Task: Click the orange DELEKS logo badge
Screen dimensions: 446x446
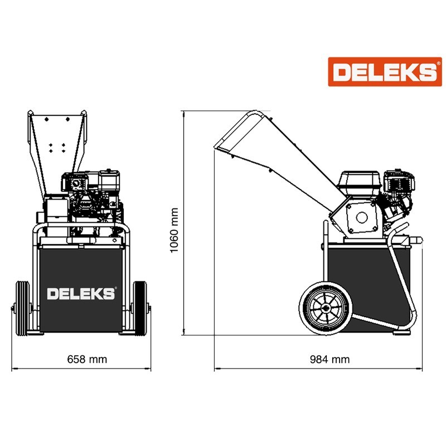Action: click(x=385, y=72)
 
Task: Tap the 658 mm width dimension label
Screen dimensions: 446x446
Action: click(x=87, y=359)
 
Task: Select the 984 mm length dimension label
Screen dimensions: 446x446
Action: click(x=329, y=359)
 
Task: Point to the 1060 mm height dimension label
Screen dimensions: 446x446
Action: click(x=174, y=230)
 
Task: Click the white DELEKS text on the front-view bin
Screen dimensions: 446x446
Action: click(x=81, y=294)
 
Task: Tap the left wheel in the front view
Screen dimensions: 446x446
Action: click(x=22, y=308)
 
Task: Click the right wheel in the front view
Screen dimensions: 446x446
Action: click(x=140, y=308)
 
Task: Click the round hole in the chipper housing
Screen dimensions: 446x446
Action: click(x=361, y=217)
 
